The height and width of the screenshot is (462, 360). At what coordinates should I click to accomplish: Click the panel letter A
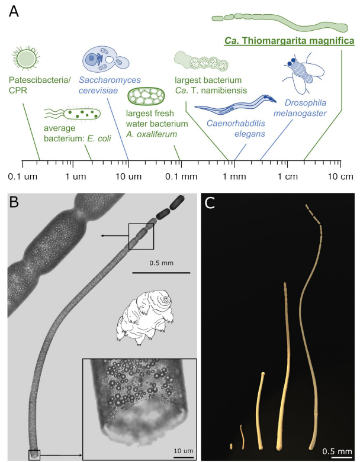click(14, 11)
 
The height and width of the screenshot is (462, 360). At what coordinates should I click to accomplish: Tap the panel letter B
click(14, 202)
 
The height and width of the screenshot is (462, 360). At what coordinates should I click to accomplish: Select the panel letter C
click(210, 203)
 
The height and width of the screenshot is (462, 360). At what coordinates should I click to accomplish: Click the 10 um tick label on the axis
click(128, 176)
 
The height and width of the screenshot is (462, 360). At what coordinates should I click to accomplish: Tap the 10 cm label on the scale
click(340, 176)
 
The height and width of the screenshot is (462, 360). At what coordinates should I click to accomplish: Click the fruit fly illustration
click(303, 72)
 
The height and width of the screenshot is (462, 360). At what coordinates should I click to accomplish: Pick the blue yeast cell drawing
click(105, 59)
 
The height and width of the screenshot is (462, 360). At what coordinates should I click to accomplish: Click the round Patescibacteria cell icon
click(26, 57)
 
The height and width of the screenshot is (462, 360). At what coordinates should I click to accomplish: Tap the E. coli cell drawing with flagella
click(72, 114)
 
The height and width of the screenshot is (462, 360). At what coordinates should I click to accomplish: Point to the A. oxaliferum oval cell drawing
click(146, 96)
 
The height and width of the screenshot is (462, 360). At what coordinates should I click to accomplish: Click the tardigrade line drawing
click(144, 316)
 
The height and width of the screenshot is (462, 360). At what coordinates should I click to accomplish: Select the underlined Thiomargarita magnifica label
click(289, 41)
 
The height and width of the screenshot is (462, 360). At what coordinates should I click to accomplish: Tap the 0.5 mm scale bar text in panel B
click(161, 263)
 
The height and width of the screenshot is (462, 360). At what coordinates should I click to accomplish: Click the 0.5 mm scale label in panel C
click(337, 451)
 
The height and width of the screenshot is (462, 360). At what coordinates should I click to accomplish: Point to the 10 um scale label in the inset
click(184, 451)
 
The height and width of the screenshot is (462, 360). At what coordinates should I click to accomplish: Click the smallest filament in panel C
click(231, 446)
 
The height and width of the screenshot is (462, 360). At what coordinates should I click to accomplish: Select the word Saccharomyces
click(110, 80)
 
